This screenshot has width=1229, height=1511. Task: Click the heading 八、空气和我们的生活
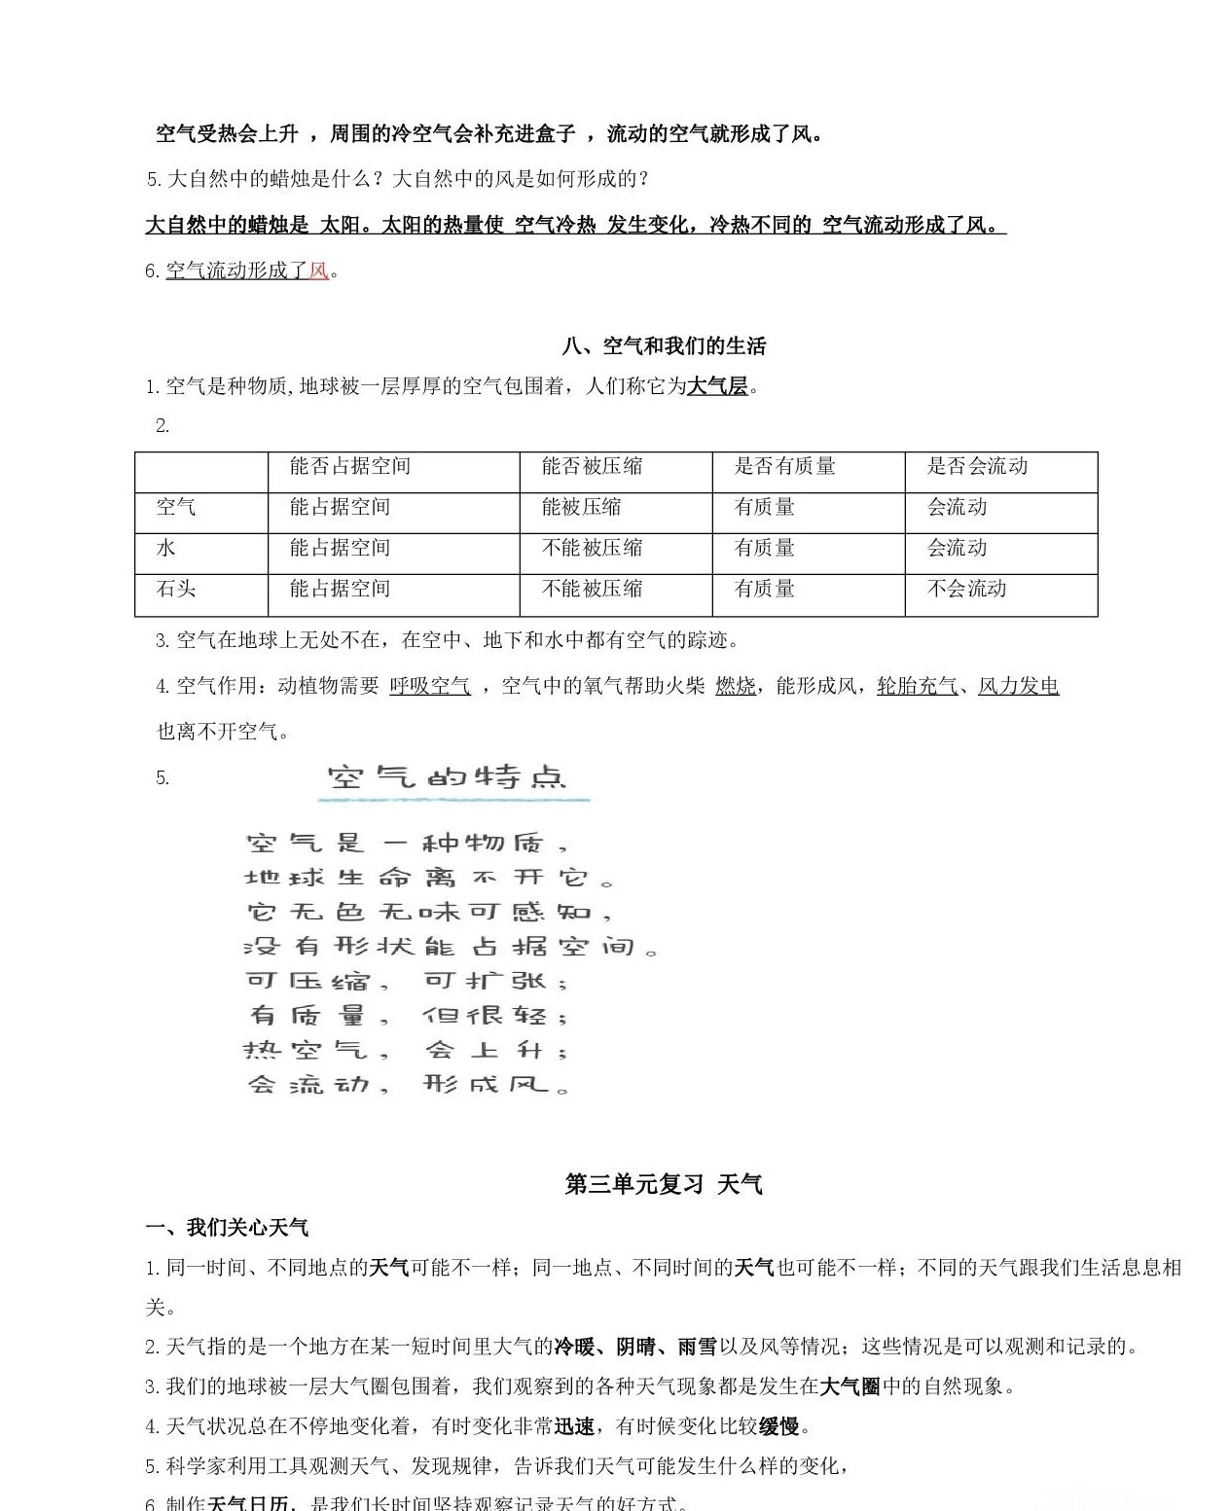point(664,346)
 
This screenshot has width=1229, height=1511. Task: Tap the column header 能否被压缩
point(592,466)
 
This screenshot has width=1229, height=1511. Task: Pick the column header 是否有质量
point(784,466)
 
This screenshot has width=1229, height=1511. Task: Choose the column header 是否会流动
point(977,466)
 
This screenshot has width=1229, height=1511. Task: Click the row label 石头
point(176,589)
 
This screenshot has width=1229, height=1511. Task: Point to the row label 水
point(166,548)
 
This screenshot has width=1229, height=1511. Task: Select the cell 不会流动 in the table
point(966,589)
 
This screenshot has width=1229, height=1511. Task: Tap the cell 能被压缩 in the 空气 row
point(581,507)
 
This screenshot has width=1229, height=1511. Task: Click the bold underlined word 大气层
point(717,386)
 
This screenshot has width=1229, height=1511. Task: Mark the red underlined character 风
point(318,270)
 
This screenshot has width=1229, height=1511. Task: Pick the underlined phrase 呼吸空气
point(429,686)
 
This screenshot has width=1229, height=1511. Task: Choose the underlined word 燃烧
point(735,686)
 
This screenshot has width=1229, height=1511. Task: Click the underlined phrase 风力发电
point(1018,686)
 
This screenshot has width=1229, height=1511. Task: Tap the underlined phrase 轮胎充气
point(917,686)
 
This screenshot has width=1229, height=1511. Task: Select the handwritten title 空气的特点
point(447,777)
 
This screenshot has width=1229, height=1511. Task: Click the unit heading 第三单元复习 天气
point(664,1184)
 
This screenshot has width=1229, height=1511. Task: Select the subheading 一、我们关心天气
point(227,1228)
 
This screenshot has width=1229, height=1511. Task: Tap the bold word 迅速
point(574,1426)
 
